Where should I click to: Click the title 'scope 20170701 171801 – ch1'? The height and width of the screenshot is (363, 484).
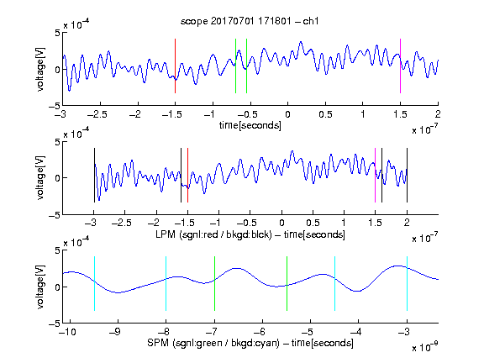pos(250,21)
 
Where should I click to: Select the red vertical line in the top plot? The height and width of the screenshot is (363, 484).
pos(175,66)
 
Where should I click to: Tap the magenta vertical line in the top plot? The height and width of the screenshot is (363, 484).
pos(400,66)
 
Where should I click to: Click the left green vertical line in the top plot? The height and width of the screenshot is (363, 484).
pos(235,66)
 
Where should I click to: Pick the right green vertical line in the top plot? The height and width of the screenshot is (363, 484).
pos(246,66)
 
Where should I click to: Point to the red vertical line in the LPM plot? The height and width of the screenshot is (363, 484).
pos(187,176)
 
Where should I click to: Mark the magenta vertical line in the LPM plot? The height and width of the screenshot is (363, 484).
pos(375,176)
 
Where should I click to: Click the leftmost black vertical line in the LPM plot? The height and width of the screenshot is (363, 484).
pos(94,176)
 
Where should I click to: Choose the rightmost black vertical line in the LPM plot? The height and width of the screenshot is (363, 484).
pos(407,176)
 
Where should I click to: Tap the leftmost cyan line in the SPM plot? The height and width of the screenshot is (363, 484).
pos(94,283)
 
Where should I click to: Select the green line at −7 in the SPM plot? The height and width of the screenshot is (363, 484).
pos(214,283)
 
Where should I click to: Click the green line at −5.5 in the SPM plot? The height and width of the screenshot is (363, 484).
pos(287,283)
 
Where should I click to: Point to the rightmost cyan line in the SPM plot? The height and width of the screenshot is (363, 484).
pos(407,283)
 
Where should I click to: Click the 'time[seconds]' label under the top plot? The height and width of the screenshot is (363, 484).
pos(250,125)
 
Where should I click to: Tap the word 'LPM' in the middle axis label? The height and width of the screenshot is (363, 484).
pos(166,234)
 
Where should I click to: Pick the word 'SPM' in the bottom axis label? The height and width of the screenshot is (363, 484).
pos(158,343)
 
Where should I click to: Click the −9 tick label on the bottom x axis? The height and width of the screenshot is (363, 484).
pos(115,332)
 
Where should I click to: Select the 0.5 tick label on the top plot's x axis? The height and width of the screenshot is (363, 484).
pos(325,114)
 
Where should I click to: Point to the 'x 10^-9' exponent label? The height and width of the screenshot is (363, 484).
pos(424,347)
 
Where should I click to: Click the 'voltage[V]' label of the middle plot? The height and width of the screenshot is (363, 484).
pos(40,178)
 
